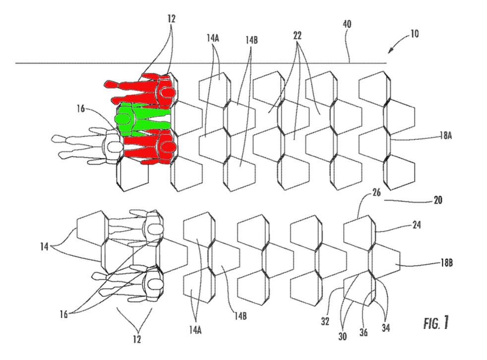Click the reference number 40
(347, 24)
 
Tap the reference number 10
(415, 34)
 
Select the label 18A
(446, 136)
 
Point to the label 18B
(446, 263)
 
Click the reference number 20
(438, 200)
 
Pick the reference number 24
(417, 225)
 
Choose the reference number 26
(376, 192)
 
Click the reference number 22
(297, 36)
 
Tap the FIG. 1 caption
(436, 323)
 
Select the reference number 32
(325, 321)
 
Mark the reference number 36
(364, 332)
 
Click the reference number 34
(385, 327)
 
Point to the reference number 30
(343, 336)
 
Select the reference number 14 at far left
(45, 246)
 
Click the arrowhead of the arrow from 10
(390, 51)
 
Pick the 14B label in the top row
(251, 40)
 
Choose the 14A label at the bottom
(195, 330)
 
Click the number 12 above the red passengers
(171, 19)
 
